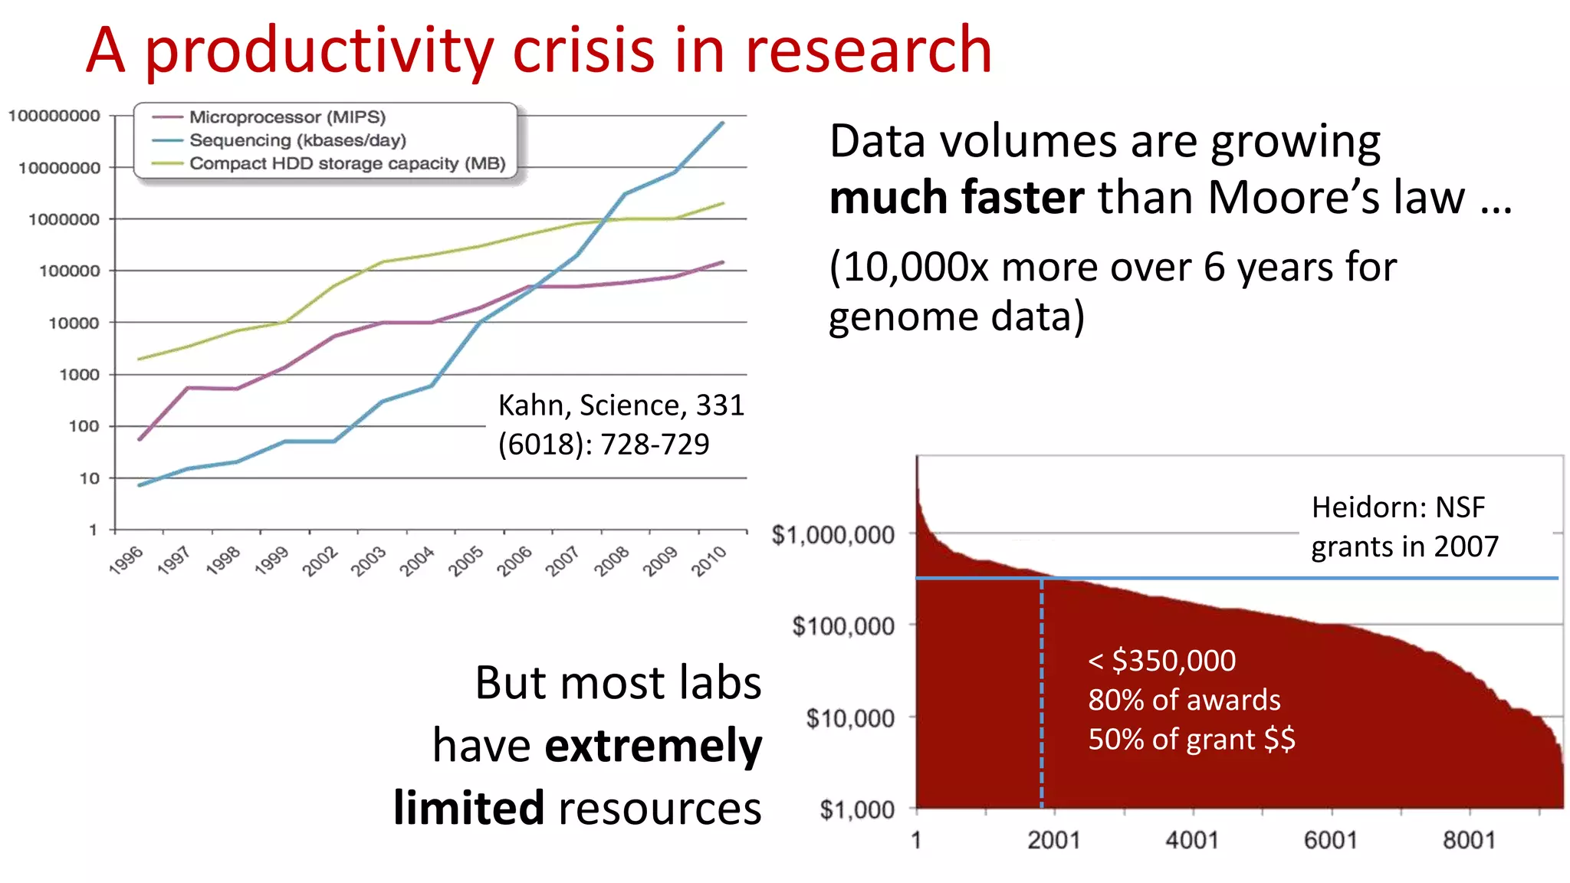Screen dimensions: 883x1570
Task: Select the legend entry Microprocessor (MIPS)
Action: (287, 117)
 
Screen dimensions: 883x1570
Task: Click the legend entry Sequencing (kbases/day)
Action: (297, 140)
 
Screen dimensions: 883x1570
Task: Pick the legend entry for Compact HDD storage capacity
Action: (347, 163)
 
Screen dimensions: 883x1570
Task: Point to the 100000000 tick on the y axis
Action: (54, 116)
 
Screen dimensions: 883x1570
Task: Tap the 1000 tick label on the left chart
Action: (79, 375)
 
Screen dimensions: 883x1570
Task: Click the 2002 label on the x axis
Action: (320, 560)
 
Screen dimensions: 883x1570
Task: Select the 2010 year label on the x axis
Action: (708, 560)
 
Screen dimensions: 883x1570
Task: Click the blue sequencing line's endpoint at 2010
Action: (722, 123)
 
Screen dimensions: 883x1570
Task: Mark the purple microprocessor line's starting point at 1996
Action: (140, 439)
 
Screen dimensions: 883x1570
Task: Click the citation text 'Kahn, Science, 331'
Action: (621, 405)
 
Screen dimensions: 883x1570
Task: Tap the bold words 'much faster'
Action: (956, 198)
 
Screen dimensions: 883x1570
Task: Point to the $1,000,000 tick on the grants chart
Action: (833, 534)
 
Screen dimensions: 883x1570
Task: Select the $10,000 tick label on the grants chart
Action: (849, 718)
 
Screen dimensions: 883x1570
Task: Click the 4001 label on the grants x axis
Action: (1192, 840)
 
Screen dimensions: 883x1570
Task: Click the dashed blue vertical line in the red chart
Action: (1041, 690)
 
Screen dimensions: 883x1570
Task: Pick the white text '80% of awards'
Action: (1184, 700)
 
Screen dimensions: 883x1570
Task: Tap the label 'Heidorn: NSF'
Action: (1398, 507)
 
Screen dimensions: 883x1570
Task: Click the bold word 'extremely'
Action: (653, 746)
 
